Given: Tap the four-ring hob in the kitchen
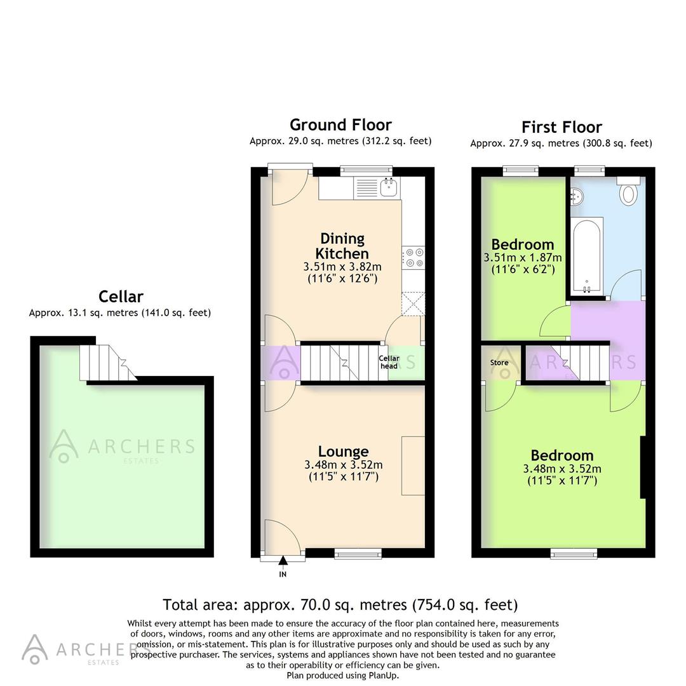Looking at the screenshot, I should pos(414,257).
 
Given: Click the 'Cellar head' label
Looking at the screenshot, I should pos(389,362).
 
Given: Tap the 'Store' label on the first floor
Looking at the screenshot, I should pos(499,363).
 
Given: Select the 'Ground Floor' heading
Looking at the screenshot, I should pos(340,124).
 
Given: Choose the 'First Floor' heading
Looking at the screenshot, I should pos(562,127).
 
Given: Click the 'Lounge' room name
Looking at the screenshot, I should pos(343,452).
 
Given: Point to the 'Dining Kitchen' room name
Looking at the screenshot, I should pos(343,246).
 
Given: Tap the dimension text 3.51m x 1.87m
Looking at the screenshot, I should pos(523,258).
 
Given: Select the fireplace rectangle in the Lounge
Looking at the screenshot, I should pos(413,465).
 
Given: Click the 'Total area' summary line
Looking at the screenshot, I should pos(340,605).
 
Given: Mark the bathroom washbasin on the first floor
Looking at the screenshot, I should pos(575,198).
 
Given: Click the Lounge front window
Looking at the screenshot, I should pos(358,554).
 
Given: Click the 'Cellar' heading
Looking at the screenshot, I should pos(121,297).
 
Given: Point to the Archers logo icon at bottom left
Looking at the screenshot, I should pos(35,649).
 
